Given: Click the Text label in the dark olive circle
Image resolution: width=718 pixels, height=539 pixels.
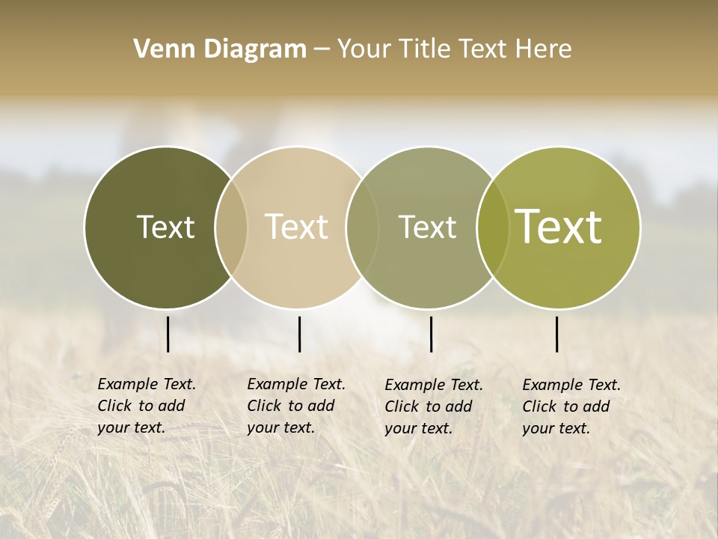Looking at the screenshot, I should [165, 227].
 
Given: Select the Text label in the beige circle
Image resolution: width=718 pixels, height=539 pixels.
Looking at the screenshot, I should [297, 227].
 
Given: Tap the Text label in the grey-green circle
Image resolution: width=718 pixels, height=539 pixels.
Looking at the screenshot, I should [427, 227].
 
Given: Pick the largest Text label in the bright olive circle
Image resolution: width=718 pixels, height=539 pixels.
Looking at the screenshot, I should [559, 227].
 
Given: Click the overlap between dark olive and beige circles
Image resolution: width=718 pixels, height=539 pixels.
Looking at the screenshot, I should [231, 228].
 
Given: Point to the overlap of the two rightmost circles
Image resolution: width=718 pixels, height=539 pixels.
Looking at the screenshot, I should [493, 228].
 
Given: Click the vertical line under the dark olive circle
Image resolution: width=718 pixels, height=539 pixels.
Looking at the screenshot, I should [168, 334].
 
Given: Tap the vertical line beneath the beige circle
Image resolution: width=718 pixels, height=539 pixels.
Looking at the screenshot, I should [299, 334].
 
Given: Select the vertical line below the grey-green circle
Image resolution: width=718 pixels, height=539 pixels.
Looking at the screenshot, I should [432, 334].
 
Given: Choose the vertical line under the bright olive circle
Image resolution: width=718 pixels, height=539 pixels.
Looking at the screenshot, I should [557, 334].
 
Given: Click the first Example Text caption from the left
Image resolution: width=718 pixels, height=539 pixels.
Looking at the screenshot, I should [147, 384].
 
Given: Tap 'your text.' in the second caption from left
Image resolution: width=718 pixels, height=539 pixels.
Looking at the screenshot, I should [280, 428].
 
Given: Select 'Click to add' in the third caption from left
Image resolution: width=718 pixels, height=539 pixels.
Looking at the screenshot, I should [429, 406].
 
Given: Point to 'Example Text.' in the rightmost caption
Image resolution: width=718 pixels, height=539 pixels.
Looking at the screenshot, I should [571, 385].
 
